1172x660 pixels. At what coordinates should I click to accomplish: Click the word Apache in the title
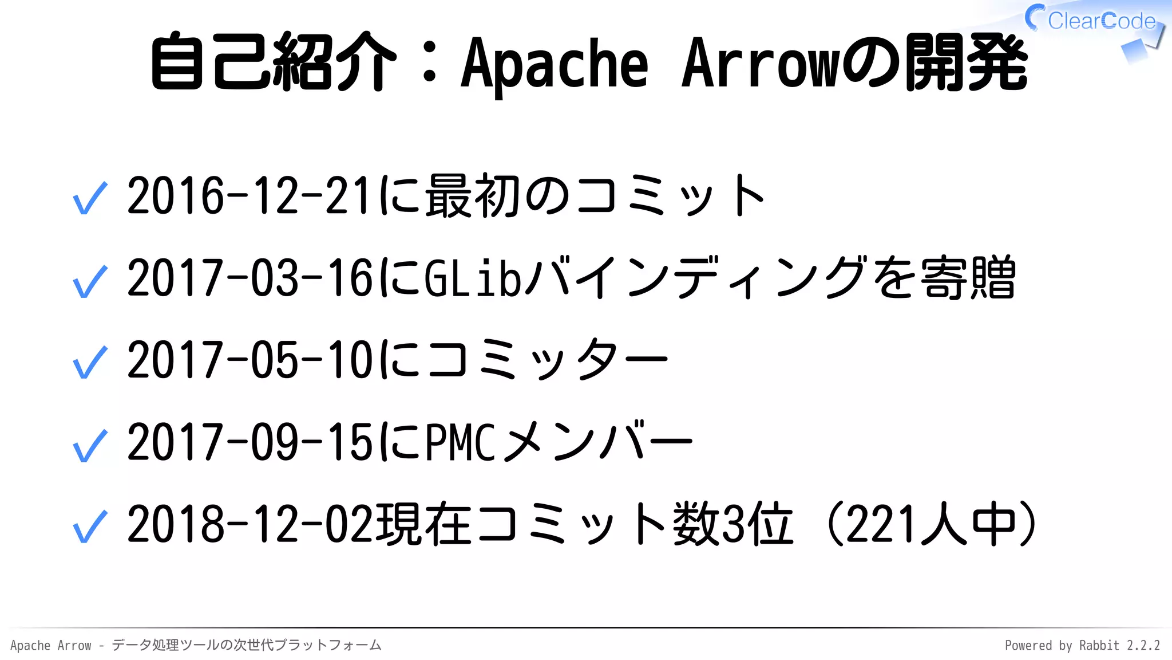(x=555, y=63)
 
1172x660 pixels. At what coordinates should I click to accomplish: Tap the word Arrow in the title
(x=761, y=63)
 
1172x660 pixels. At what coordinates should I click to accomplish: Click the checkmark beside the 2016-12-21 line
(x=90, y=198)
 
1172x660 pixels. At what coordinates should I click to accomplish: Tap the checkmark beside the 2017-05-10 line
(x=90, y=363)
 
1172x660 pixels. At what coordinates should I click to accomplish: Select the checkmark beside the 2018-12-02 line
(x=90, y=527)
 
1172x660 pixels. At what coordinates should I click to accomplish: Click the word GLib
(x=473, y=278)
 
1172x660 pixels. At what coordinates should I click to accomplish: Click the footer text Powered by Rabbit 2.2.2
(x=1082, y=646)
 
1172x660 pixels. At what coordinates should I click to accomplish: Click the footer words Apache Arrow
(x=50, y=646)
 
